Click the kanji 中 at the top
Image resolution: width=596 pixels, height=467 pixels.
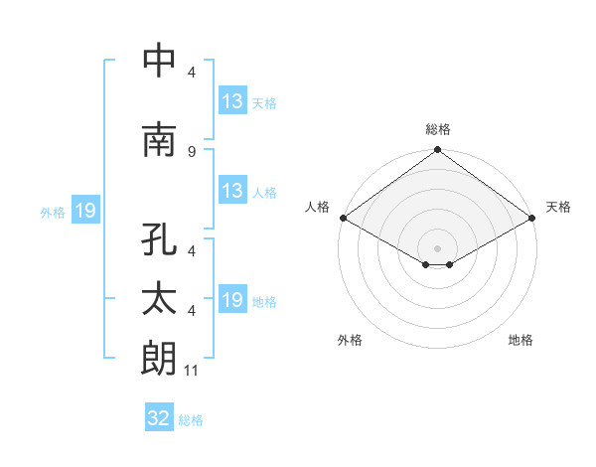point(159,62)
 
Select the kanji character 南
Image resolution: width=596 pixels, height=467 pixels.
point(159,140)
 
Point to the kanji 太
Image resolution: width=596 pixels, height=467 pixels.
point(159,300)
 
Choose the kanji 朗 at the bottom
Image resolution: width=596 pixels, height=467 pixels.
point(159,358)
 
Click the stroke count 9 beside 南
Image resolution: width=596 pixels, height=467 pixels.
point(191,151)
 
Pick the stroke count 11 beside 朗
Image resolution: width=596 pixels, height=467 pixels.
point(193,370)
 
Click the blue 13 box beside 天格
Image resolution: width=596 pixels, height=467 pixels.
point(232,101)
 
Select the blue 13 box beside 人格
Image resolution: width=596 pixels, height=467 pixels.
point(232,191)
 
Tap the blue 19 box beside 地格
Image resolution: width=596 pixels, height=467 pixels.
point(232,300)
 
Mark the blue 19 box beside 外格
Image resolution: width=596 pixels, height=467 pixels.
point(84,211)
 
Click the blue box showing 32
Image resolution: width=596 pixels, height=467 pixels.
point(159,418)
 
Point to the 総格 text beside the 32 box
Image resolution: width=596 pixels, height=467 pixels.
point(191,420)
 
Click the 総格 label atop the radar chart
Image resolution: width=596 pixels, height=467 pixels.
point(438,129)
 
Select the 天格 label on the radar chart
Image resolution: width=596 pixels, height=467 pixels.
point(558,207)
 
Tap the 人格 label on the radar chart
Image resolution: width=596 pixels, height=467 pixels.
point(317,207)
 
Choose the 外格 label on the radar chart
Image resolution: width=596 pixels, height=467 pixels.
point(350,340)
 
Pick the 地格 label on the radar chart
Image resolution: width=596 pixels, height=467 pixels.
point(521,340)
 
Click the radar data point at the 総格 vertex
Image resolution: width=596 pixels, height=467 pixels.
point(437,151)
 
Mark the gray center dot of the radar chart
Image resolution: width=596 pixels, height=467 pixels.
point(437,246)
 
